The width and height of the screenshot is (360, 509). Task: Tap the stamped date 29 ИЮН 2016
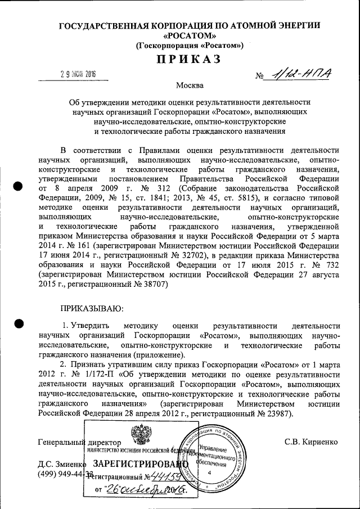point(78,75)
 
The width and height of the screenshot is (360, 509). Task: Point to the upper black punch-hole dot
point(19,187)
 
